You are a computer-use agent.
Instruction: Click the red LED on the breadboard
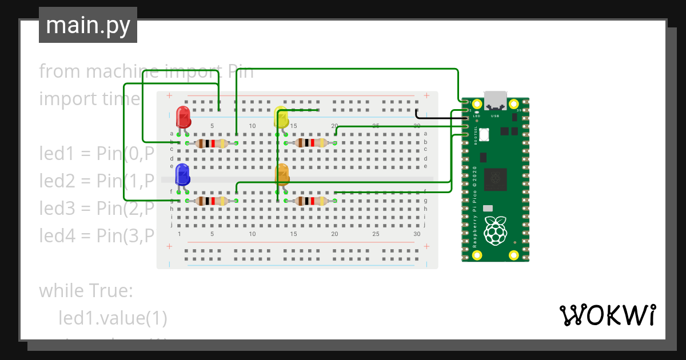(x=184, y=117)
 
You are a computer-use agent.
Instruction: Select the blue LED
(x=182, y=174)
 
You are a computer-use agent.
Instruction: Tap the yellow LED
(x=281, y=117)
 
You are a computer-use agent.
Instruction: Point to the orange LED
(x=282, y=174)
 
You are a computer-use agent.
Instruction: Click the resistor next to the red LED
(x=212, y=143)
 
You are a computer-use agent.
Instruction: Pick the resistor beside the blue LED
(x=212, y=201)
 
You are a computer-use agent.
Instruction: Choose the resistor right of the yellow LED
(x=310, y=143)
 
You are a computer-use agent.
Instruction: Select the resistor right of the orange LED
(x=310, y=201)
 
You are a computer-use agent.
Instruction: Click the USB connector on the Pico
(x=496, y=100)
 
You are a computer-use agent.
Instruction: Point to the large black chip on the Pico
(x=496, y=179)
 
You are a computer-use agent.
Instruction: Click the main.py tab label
(x=88, y=25)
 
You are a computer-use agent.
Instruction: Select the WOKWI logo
(x=607, y=315)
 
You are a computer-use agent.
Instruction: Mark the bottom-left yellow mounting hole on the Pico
(x=477, y=255)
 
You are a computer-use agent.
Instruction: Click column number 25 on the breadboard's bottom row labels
(x=376, y=234)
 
